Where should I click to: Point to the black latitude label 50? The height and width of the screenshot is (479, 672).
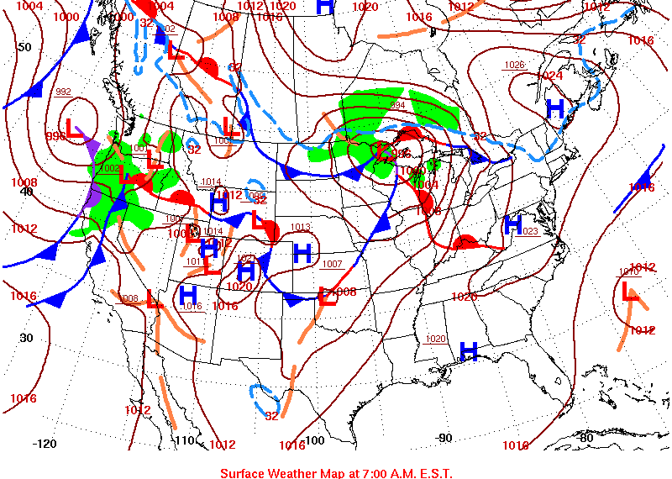[x=24, y=47]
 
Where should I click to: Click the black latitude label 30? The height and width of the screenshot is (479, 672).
[x=26, y=338]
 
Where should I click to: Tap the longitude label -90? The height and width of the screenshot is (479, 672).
[x=444, y=437]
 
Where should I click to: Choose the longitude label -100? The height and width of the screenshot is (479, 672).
[x=312, y=440]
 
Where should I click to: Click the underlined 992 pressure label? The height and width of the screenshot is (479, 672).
[x=63, y=92]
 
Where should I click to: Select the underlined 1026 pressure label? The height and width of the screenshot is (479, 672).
[x=514, y=65]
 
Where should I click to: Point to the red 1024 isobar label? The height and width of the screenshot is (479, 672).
[x=549, y=76]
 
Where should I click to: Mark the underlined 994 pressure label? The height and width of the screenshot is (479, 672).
[x=397, y=105]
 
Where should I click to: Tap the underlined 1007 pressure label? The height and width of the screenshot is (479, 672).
[x=332, y=264]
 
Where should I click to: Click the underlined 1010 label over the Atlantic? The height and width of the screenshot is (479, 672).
[x=629, y=271]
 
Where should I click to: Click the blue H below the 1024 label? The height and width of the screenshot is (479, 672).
[x=555, y=108]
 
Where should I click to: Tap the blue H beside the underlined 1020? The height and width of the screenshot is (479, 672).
[x=469, y=351]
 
